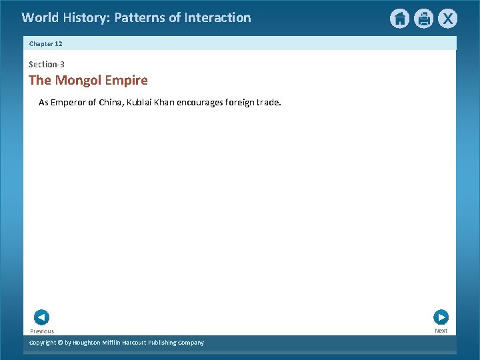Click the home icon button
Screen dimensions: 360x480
[399, 19]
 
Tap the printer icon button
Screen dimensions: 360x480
[423, 19]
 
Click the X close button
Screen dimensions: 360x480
[447, 19]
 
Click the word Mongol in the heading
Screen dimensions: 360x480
[78, 81]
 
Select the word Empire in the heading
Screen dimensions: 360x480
[126, 81]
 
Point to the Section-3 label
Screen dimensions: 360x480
[47, 65]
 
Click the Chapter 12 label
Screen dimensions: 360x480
[45, 43]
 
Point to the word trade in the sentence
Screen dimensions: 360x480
[268, 103]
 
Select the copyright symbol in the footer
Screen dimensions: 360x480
[59, 343]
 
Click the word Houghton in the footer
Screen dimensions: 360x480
[87, 343]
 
